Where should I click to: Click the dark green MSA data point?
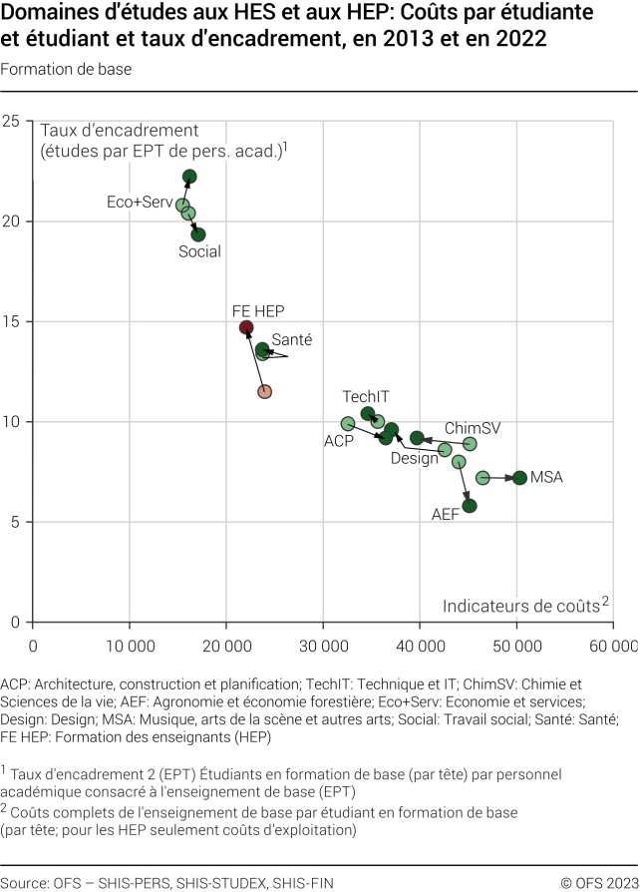click(x=519, y=478)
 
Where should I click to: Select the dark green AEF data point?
click(x=470, y=506)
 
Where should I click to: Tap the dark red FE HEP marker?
click(x=246, y=327)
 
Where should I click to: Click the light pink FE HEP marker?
click(x=264, y=391)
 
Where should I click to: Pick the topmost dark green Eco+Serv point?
click(x=189, y=177)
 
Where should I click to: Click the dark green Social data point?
click(x=198, y=234)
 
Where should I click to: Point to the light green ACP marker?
click(x=348, y=424)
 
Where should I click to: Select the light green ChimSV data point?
click(x=470, y=444)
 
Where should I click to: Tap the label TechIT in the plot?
click(x=366, y=396)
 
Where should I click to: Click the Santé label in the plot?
click(x=291, y=340)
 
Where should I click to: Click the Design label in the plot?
click(x=414, y=459)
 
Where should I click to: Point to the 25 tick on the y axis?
click(x=13, y=121)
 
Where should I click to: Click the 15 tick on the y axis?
click(x=13, y=321)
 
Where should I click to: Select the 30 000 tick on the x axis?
click(x=323, y=647)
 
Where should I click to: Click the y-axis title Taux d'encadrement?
click(x=120, y=131)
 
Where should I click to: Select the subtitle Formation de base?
click(x=66, y=69)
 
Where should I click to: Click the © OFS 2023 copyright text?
click(x=596, y=882)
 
